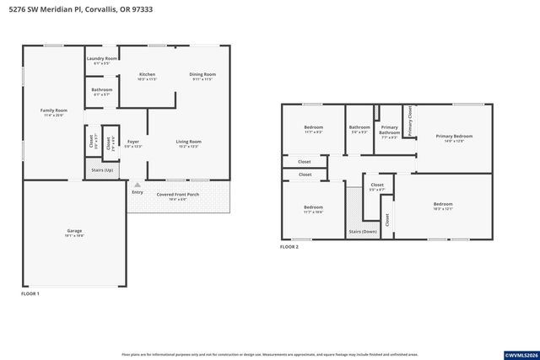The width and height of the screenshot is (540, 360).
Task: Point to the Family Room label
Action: pyautogui.click(x=54, y=112)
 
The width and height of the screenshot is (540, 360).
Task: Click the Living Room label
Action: pyautogui.click(x=188, y=143)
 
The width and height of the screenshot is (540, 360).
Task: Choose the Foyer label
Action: pyautogui.click(x=133, y=143)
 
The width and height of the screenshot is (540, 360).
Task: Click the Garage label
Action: pyautogui.click(x=74, y=233)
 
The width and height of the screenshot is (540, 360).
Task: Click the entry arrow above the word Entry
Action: pyautogui.click(x=138, y=185)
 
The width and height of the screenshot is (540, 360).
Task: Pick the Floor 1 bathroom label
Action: pyautogui.click(x=101, y=91)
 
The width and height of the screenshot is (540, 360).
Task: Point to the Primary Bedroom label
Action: pyautogui.click(x=454, y=137)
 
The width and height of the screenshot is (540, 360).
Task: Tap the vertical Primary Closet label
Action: pyautogui.click(x=409, y=121)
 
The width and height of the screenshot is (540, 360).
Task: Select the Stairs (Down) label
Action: pyautogui.click(x=362, y=231)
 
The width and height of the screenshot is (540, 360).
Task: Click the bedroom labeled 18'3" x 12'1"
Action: pyautogui.click(x=443, y=206)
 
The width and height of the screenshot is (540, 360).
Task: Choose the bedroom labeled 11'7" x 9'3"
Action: pyautogui.click(x=314, y=129)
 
